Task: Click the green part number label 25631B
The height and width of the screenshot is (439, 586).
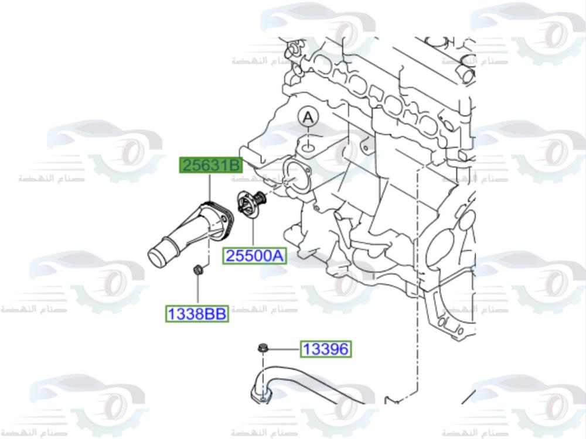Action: point(210,166)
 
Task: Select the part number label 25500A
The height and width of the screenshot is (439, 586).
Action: point(254,256)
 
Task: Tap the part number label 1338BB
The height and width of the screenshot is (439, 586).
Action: point(197,314)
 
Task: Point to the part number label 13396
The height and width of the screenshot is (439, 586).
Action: point(326,350)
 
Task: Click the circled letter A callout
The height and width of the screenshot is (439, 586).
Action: point(308,118)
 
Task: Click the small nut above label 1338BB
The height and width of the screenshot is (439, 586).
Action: point(197,270)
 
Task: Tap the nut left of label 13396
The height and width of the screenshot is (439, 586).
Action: point(261,349)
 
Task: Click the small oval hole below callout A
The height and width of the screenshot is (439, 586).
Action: point(309,142)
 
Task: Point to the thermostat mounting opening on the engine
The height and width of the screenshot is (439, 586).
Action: point(292,173)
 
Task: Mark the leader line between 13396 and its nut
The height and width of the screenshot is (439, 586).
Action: point(284,350)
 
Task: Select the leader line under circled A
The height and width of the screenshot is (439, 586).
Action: point(308,132)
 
